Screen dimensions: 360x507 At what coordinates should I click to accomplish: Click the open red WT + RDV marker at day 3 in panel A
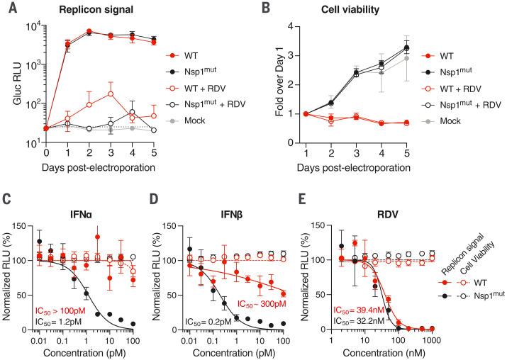(110, 94)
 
